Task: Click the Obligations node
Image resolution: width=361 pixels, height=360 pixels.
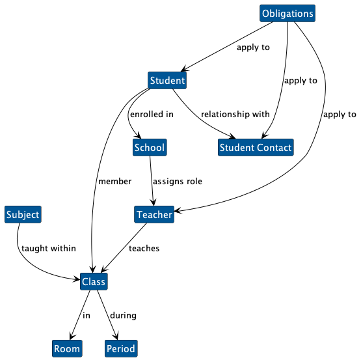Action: pyautogui.click(x=287, y=14)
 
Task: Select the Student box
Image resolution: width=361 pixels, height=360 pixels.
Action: pyautogui.click(x=167, y=81)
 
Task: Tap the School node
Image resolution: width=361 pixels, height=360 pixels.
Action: pyautogui.click(x=150, y=148)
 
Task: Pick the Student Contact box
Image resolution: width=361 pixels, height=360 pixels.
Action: pyautogui.click(x=256, y=148)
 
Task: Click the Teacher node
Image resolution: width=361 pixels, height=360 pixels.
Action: pyautogui.click(x=154, y=215)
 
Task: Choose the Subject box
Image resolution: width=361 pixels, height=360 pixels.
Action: pyautogui.click(x=23, y=215)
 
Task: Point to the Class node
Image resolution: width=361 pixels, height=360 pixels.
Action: pyautogui.click(x=94, y=282)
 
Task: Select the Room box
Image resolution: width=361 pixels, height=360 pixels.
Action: pyautogui.click(x=67, y=349)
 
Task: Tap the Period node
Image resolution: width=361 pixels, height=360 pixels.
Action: pyautogui.click(x=121, y=349)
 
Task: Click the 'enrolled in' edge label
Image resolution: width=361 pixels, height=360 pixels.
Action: pyautogui.click(x=152, y=115)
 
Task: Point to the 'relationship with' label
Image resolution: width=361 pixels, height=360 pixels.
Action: pyautogui.click(x=235, y=115)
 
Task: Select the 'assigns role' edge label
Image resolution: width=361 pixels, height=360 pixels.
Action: pyautogui.click(x=178, y=182)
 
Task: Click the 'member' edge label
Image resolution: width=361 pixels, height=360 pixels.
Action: pyautogui.click(x=115, y=182)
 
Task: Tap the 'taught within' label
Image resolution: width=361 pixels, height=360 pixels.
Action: pyautogui.click(x=49, y=249)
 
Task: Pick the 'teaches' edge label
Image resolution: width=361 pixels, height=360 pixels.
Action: pyautogui.click(x=144, y=249)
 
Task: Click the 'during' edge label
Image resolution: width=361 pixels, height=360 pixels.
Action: pyautogui.click(x=123, y=316)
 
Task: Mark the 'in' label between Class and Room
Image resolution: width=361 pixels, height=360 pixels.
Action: pyautogui.click(x=87, y=316)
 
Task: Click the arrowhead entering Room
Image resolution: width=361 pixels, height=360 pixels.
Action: pyautogui.click(x=72, y=337)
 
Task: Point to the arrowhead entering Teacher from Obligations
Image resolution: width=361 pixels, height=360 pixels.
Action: pyautogui.click(x=178, y=211)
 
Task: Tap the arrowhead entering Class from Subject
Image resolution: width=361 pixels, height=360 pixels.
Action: pyautogui.click(x=77, y=279)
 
